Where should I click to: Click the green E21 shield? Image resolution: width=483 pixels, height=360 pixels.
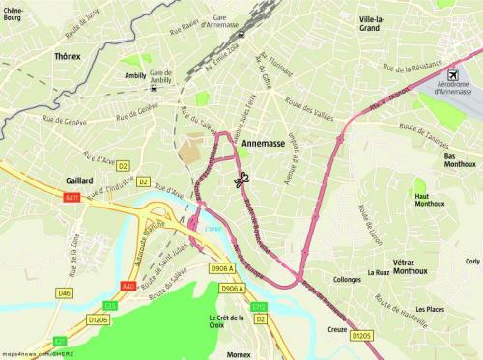tap(60, 341)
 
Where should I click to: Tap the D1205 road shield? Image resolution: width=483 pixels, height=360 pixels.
tap(362, 336)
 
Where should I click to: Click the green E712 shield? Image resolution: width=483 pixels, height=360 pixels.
tap(259, 307)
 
